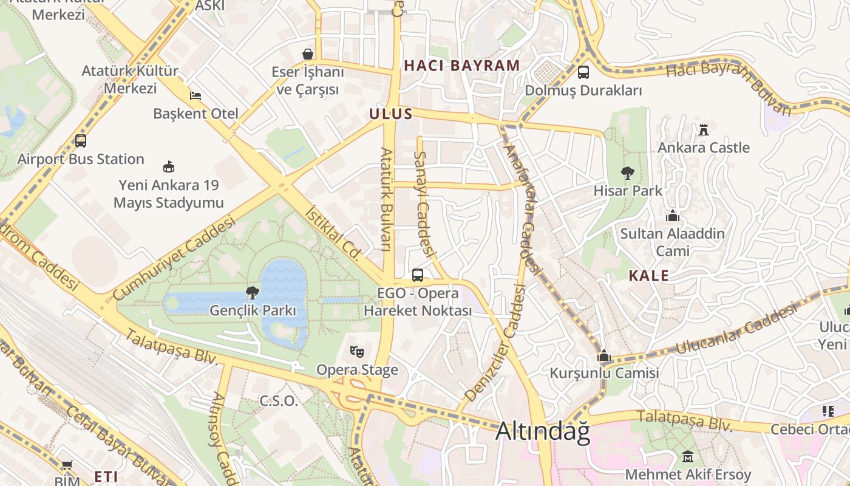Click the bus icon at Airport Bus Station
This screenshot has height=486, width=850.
80,141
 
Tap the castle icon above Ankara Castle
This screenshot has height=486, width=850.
704,129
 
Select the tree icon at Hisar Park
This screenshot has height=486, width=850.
627,173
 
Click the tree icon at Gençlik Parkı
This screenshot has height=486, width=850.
253,293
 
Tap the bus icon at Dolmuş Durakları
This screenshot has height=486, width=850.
583,72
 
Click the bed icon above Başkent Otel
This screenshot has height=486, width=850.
195,96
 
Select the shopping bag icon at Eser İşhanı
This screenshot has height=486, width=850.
308,54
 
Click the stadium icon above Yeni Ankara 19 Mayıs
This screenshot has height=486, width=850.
169,166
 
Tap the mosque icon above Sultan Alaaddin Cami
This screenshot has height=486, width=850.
672,216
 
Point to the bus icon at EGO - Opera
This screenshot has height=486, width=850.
418,275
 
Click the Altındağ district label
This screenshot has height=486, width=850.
543,431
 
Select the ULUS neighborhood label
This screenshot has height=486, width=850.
391,114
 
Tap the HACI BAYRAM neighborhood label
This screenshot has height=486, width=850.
462,66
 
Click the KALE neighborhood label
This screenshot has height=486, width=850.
648,275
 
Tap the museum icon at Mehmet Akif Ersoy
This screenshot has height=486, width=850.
688,456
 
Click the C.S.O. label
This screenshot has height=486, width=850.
279,401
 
